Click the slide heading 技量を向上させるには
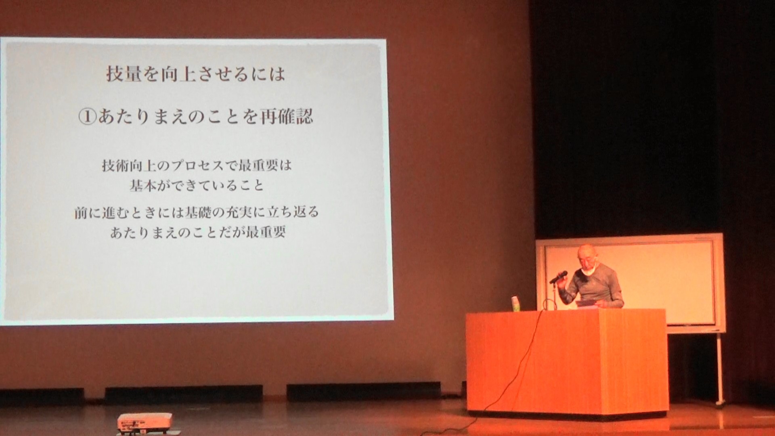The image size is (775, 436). pos(195,73)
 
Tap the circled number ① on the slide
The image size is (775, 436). pos(87,117)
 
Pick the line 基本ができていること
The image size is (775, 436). pos(196,185)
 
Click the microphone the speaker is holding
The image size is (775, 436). pos(558,277)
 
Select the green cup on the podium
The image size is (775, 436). pos(515,304)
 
